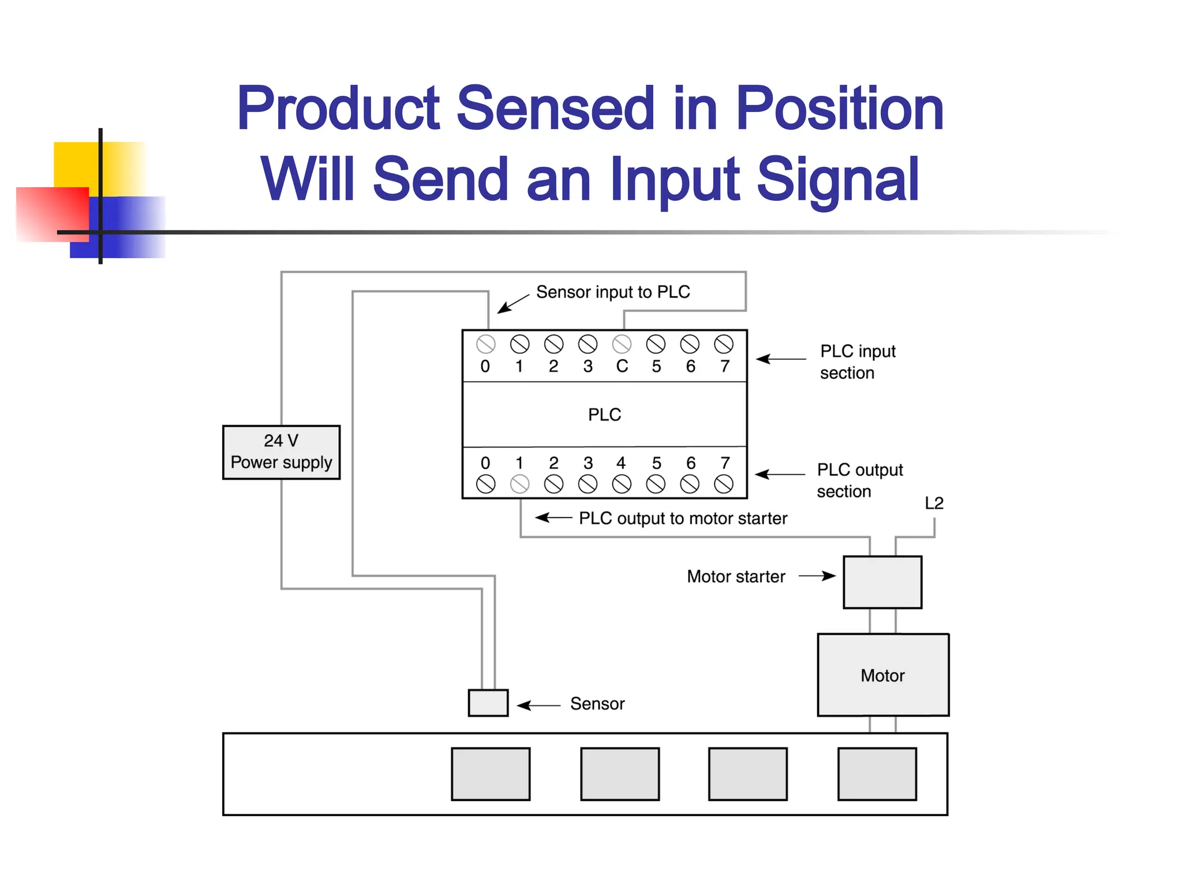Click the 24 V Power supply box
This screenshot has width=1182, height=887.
(281, 452)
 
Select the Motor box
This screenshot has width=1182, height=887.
(882, 675)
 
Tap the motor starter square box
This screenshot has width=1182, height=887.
(882, 582)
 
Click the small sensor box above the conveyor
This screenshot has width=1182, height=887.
(488, 703)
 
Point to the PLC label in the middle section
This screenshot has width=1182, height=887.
(604, 415)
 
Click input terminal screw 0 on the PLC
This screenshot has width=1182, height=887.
(485, 344)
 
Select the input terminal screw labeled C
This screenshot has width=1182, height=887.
(622, 344)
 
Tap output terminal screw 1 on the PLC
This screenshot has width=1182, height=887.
(519, 484)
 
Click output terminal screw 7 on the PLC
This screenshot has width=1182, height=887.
(724, 484)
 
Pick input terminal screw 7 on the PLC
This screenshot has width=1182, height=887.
(724, 344)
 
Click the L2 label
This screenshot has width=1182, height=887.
(934, 503)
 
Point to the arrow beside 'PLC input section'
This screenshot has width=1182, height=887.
(780, 359)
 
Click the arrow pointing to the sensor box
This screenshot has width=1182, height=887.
(538, 705)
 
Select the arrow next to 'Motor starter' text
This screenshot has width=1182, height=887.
(817, 576)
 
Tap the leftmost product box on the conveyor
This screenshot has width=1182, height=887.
(491, 774)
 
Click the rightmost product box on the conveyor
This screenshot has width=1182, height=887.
(877, 774)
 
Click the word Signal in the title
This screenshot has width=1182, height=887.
(837, 180)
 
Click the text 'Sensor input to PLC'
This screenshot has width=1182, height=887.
(613, 292)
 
